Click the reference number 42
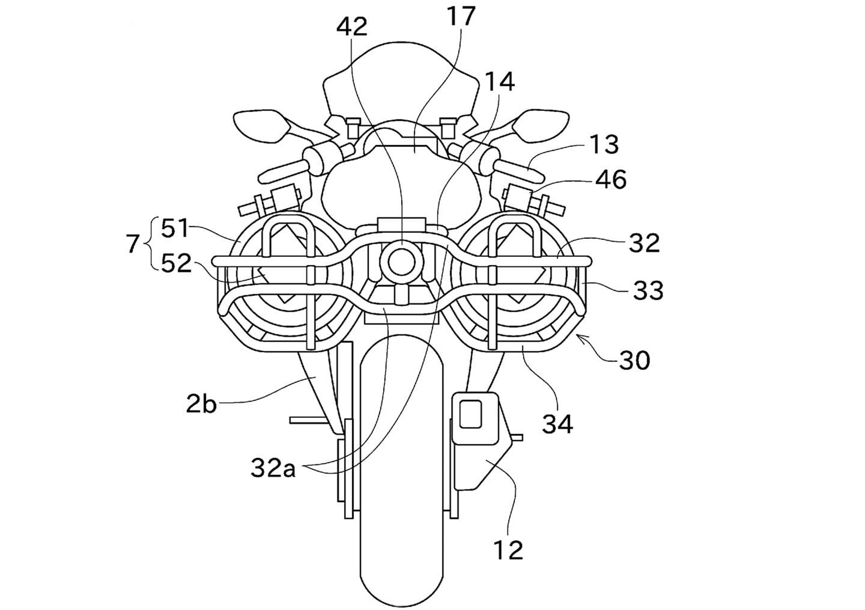coord(352,27)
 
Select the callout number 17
coord(461,16)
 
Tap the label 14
coord(500,82)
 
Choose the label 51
coord(175,229)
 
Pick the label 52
coord(176,263)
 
